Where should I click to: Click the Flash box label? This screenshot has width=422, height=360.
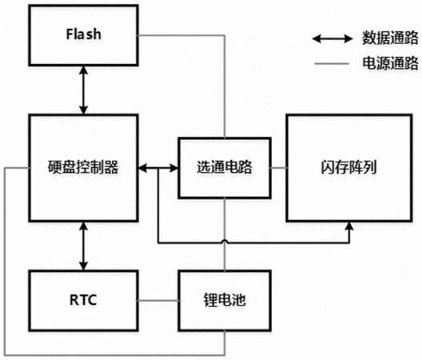coord(84,34)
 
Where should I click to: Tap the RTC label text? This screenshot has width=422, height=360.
coord(83,300)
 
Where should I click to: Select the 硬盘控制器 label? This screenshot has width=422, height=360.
coord(83,167)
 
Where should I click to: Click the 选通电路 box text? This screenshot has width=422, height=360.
coord(225,167)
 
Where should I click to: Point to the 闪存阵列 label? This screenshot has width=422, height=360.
coord(348,167)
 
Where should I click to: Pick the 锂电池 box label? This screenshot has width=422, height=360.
coord(225,300)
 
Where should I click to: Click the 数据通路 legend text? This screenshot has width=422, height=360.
coord(390,38)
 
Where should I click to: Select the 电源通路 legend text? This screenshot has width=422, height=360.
coord(390,63)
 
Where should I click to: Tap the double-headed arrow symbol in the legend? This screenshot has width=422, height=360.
coord(332,38)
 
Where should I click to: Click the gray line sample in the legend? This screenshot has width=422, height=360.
coord(332,64)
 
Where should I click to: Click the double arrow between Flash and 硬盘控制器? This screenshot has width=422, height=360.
coord(83,90)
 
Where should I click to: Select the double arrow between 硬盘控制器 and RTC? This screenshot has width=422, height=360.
coord(83,246)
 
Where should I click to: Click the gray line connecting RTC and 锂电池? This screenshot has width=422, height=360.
coord(158,301)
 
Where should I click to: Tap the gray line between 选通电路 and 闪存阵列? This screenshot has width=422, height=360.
coord(279,168)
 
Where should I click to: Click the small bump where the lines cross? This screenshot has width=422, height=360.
coord(225,242)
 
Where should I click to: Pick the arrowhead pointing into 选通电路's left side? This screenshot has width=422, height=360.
coord(174,169)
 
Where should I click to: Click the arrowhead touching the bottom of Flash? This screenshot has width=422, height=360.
coord(83,70)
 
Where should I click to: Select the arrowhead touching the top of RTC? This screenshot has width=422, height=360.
coord(83,266)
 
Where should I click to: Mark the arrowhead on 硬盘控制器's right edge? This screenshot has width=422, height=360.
coord(142,169)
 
